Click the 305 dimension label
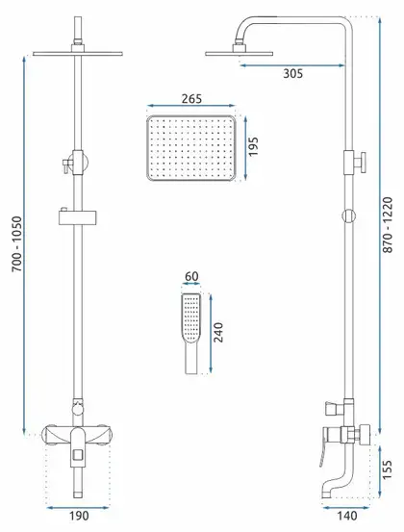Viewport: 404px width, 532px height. [x=292, y=73]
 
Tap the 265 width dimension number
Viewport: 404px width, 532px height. [x=191, y=99]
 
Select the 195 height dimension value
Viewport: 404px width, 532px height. [x=253, y=146]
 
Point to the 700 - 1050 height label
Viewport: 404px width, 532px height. [x=17, y=244]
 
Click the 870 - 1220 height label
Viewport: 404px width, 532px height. [x=388, y=224]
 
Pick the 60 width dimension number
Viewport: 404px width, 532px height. [x=191, y=276]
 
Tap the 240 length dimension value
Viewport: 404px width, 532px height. [x=218, y=332]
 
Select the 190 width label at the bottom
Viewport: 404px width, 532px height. [x=79, y=516]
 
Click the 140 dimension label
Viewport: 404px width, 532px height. [x=347, y=516]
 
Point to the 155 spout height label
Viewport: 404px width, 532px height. [x=387, y=469]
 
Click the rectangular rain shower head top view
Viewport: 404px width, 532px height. [x=191, y=148]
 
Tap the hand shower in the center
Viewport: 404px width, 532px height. [x=191, y=334]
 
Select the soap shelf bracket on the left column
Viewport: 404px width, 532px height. [x=77, y=217]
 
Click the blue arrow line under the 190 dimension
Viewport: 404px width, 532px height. [x=78, y=508]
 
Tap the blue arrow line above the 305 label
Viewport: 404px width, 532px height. [x=292, y=65]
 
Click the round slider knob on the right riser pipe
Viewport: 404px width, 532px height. [x=349, y=216]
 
